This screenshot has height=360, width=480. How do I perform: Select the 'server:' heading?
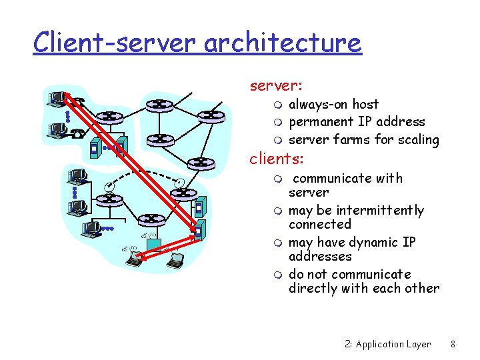276,86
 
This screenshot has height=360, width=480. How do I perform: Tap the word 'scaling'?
418,140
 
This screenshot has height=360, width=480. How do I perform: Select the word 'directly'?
313,289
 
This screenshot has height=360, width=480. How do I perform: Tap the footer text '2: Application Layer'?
388,345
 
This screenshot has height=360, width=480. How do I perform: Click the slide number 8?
453,345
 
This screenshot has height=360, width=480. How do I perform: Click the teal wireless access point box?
154,243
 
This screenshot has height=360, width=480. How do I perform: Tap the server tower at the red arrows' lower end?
197,231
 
